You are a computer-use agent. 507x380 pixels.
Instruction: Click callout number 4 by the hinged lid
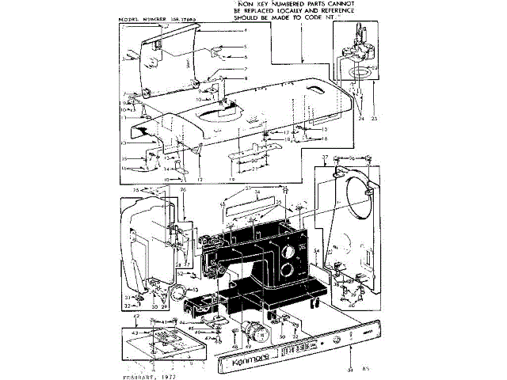click(x=246, y=30)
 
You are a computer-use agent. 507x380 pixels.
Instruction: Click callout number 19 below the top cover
click(x=230, y=180)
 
